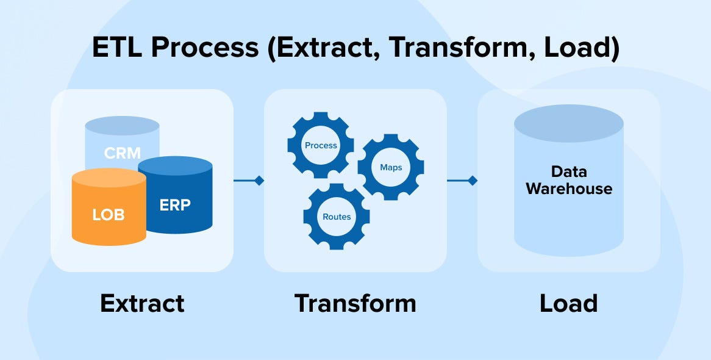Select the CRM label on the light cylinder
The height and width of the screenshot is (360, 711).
click(x=122, y=153)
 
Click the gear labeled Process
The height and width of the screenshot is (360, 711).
click(x=321, y=145)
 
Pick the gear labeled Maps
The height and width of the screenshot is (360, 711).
click(x=391, y=167)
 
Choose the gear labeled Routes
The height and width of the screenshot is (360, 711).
click(x=337, y=217)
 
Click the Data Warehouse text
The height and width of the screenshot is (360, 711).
click(x=568, y=180)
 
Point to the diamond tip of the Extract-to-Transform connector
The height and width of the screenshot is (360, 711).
click(x=259, y=181)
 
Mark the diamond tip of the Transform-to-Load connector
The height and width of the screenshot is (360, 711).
click(x=472, y=181)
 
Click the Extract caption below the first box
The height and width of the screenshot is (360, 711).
click(x=142, y=303)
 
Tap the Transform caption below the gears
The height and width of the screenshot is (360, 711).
click(x=355, y=303)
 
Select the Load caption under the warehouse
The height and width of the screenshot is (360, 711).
click(x=568, y=303)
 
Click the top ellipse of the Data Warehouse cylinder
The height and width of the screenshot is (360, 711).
click(x=568, y=124)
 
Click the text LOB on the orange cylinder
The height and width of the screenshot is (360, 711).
click(x=108, y=215)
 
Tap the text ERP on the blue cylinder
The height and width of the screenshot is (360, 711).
click(x=175, y=205)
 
